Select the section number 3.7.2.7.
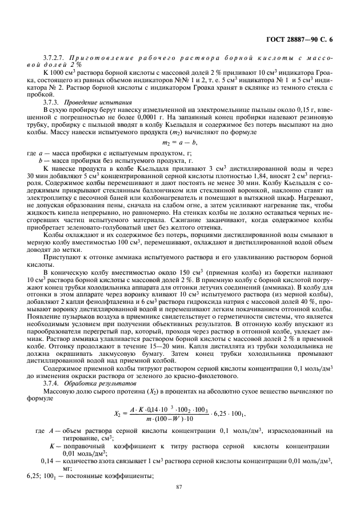click(53, 59)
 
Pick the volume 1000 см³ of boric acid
click(60, 74)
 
